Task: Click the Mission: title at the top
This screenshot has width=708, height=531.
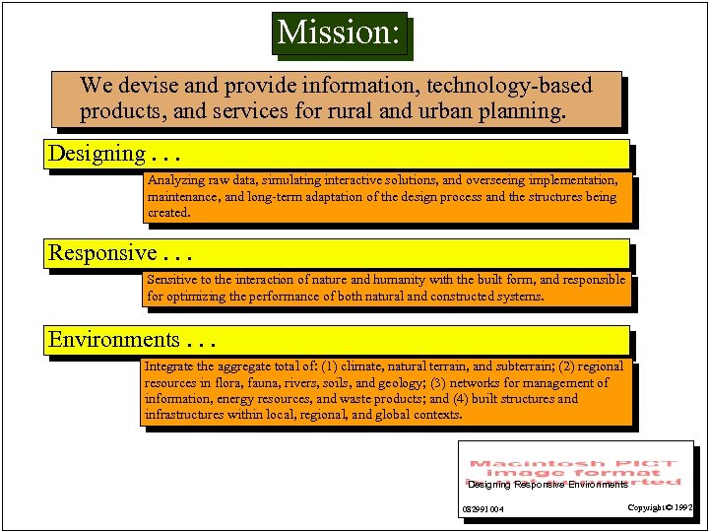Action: [x=339, y=33]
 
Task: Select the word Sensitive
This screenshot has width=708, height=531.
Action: [x=172, y=280]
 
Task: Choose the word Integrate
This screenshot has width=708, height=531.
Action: [x=169, y=366]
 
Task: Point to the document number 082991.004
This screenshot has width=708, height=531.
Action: [x=483, y=509]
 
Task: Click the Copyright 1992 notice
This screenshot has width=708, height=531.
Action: [x=659, y=507]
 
